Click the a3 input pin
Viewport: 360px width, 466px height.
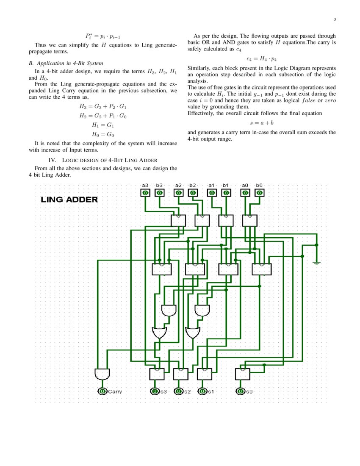click(x=145, y=193)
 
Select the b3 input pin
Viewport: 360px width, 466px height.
click(x=160, y=193)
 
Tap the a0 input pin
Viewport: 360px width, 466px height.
click(x=245, y=193)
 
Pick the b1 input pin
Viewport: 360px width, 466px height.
click(x=226, y=193)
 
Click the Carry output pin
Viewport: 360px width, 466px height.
click(x=102, y=391)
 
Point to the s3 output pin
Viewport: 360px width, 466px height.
click(x=155, y=391)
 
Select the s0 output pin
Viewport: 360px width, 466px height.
click(x=241, y=391)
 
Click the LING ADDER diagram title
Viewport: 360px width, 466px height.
click(x=69, y=200)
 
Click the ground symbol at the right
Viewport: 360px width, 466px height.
click(x=316, y=263)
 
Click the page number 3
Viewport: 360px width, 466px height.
click(x=335, y=19)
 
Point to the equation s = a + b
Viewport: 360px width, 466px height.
click(x=261, y=123)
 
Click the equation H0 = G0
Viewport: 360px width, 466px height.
click(x=103, y=134)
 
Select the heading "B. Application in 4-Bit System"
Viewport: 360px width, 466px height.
click(x=66, y=63)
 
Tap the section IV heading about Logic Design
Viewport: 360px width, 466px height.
click(x=103, y=160)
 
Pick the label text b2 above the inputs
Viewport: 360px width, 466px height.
click(x=193, y=185)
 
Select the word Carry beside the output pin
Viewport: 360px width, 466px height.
click(x=115, y=391)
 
